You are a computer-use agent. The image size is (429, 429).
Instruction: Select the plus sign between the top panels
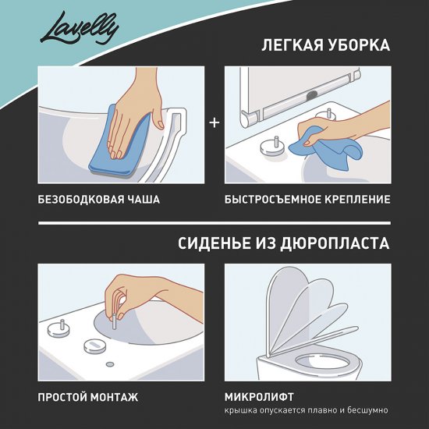tap(214, 123)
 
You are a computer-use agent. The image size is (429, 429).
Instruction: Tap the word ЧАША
tap(144, 199)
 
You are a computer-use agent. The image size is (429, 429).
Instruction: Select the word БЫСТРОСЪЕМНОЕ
tap(273, 199)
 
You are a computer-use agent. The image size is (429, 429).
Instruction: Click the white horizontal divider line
tap(214, 222)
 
